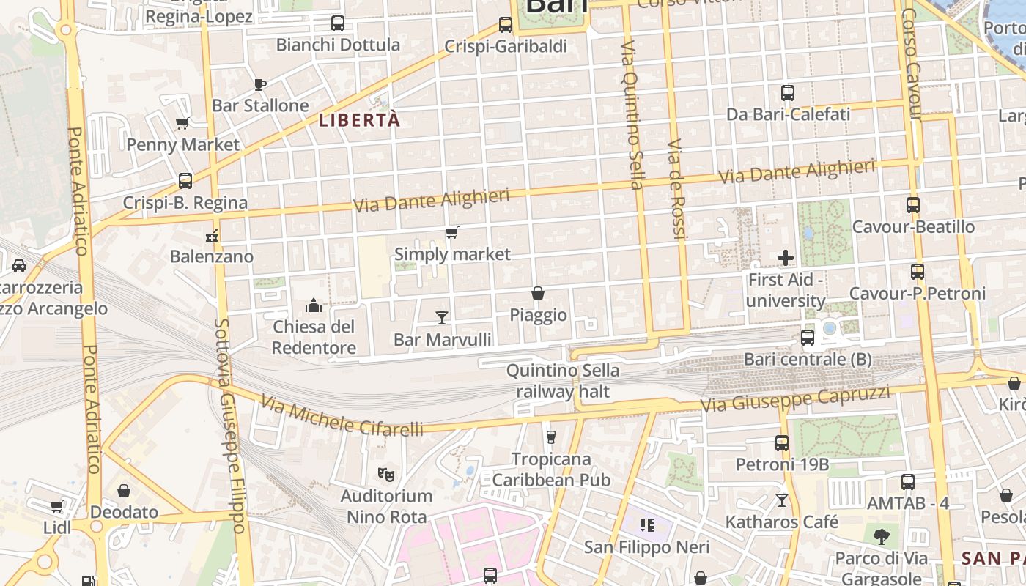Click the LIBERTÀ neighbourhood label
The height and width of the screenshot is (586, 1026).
360,120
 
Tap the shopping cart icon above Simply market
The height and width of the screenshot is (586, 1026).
452,233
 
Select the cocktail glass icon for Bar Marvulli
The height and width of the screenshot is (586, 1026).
442,317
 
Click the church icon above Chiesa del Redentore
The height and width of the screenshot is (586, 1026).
314,305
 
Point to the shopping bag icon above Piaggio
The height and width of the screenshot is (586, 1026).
538,293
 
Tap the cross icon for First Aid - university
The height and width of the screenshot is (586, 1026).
786,258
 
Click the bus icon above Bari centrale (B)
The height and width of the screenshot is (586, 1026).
808,338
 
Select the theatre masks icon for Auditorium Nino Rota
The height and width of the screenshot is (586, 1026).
386,475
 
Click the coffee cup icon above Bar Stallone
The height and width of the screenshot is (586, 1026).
260,84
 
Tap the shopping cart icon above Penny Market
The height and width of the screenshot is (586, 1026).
182,123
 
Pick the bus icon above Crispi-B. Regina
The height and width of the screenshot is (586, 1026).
185,180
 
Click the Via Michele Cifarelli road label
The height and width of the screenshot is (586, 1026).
342,416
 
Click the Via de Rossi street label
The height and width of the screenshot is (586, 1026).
678,188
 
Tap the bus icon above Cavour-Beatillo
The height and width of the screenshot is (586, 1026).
913,205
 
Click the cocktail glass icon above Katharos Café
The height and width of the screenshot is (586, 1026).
782,500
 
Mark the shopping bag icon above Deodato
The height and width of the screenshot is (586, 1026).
124,490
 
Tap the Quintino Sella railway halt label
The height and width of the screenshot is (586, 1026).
562,381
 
